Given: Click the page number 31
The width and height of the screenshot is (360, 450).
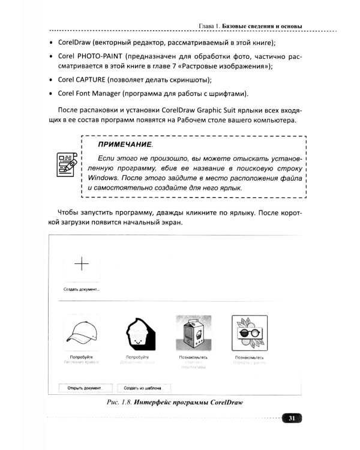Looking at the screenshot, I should pos(291,418).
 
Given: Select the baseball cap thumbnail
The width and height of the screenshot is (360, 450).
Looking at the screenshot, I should pos(80,332).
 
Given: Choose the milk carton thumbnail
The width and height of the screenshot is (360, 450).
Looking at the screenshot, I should pos(193,332).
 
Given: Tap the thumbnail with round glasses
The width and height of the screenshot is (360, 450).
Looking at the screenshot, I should pos(250,332).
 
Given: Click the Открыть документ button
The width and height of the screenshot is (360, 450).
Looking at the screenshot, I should pos(85,387).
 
